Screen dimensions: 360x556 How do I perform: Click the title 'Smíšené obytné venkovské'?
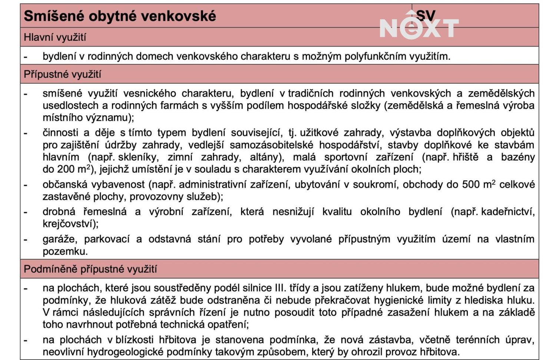pos(119,16)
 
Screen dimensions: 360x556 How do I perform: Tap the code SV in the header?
pos(426,15)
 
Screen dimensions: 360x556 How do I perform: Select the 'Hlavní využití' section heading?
pos(55,37)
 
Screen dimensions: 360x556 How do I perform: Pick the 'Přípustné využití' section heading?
pos(62,75)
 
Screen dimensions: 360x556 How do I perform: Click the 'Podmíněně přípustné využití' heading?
pos(90,269)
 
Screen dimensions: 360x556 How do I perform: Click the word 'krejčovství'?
pos(70,224)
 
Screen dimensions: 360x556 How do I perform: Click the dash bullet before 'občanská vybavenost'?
pos(26,185)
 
